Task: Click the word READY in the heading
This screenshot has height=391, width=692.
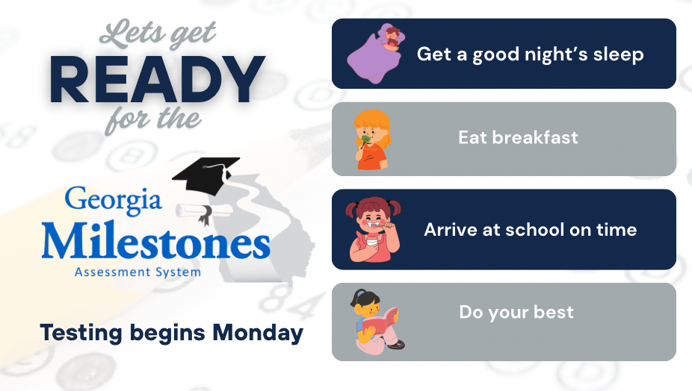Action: click(x=157, y=81)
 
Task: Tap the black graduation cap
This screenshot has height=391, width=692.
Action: click(x=206, y=175)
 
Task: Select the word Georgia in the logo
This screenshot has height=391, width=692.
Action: click(x=114, y=200)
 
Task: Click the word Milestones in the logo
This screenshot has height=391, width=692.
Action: click(x=155, y=241)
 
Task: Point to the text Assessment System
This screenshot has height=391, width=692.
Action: click(x=138, y=272)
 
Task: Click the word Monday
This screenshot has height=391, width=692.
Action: click(x=258, y=334)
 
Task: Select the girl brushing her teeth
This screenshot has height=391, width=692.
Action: click(x=374, y=230)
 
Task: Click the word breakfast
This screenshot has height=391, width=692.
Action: click(x=535, y=137)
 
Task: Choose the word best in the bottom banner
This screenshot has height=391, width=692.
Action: click(x=554, y=312)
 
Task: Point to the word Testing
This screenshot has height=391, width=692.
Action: click(x=81, y=334)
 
